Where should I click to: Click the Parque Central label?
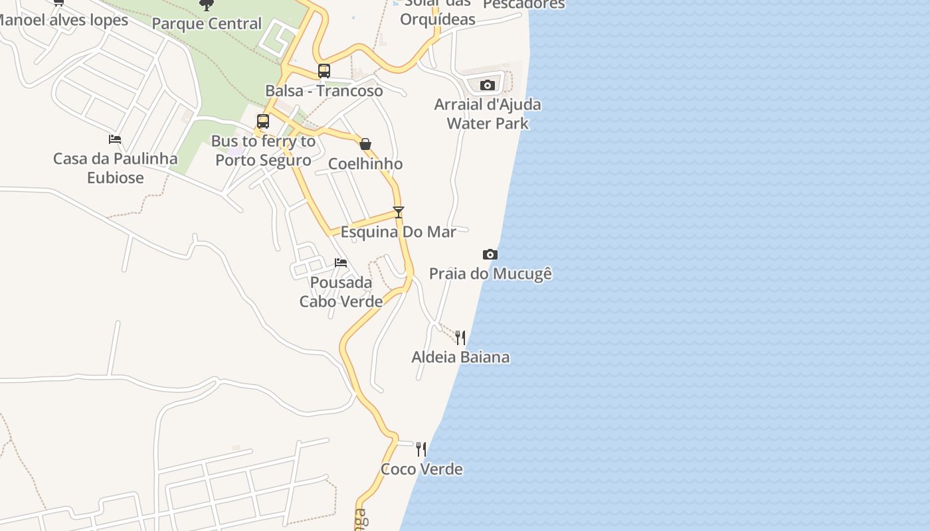click(x=207, y=24)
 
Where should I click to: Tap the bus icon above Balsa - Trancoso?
click(x=324, y=70)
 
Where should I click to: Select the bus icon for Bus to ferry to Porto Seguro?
click(x=263, y=121)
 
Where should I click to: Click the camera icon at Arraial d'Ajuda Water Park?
click(x=488, y=85)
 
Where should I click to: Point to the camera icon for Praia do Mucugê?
click(x=490, y=254)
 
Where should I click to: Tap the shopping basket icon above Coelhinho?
click(x=365, y=144)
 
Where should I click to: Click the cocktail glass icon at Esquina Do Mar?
click(x=399, y=212)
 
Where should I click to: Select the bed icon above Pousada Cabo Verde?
click(x=341, y=263)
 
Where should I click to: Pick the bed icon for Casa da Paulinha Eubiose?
click(x=115, y=139)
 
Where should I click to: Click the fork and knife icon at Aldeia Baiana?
click(x=460, y=338)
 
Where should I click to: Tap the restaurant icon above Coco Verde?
click(x=421, y=449)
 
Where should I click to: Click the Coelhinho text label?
click(x=365, y=164)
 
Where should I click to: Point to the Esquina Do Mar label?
click(x=399, y=232)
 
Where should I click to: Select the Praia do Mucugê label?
click(x=490, y=273)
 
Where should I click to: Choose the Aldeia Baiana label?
click(x=460, y=357)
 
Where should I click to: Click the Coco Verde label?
click(x=421, y=469)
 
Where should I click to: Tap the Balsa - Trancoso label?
click(x=324, y=91)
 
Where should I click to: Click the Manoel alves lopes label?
click(x=63, y=20)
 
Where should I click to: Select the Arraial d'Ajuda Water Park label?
click(x=488, y=114)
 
